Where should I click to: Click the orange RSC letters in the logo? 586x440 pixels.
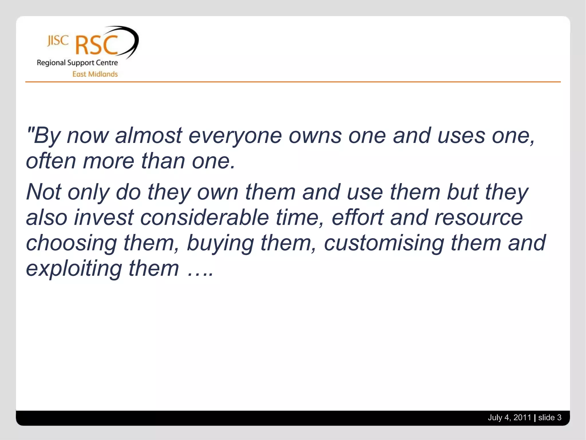click(96, 46)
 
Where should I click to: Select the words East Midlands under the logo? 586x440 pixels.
click(95, 74)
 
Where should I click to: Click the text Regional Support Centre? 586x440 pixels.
click(77, 63)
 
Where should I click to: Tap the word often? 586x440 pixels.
click(51, 161)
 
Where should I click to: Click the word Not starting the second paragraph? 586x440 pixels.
click(43, 192)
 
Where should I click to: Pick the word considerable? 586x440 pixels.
click(204, 217)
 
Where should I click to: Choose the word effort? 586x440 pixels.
click(357, 217)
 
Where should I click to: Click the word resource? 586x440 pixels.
click(478, 217)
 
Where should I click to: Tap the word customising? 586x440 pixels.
click(384, 243)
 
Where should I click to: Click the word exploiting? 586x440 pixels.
click(74, 268)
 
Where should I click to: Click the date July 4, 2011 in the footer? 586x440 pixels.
click(509, 418)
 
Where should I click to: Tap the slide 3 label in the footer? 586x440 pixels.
click(549, 418)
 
